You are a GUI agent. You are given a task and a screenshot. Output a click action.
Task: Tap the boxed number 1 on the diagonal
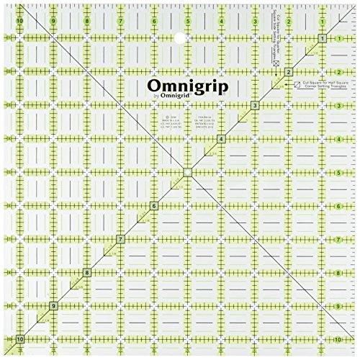[x=322, y=38]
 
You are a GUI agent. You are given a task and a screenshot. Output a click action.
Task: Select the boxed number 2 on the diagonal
[x=288, y=72]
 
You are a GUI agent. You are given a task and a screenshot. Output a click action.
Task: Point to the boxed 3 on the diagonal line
[x=254, y=106]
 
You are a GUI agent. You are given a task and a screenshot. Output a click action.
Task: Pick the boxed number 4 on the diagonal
[x=220, y=140]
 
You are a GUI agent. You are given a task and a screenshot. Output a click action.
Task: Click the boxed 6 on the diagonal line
[x=154, y=207]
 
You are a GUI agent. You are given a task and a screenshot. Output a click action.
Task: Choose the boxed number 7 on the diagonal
[x=120, y=240]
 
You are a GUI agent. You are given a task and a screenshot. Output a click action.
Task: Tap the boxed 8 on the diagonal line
[x=86, y=274]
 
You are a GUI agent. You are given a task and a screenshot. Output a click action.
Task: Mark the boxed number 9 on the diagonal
[x=53, y=307]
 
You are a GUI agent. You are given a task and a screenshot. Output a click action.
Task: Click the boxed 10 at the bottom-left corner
[x=19, y=339]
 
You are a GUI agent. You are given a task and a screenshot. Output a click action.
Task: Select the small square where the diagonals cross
[x=187, y=173]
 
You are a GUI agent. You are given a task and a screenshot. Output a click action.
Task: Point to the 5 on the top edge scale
[x=187, y=22]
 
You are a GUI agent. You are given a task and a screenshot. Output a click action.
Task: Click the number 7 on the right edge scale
[x=338, y=240]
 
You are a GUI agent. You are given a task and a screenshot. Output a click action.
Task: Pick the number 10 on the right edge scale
[x=338, y=339]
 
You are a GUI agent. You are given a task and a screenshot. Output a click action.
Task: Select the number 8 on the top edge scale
[x=86, y=22]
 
